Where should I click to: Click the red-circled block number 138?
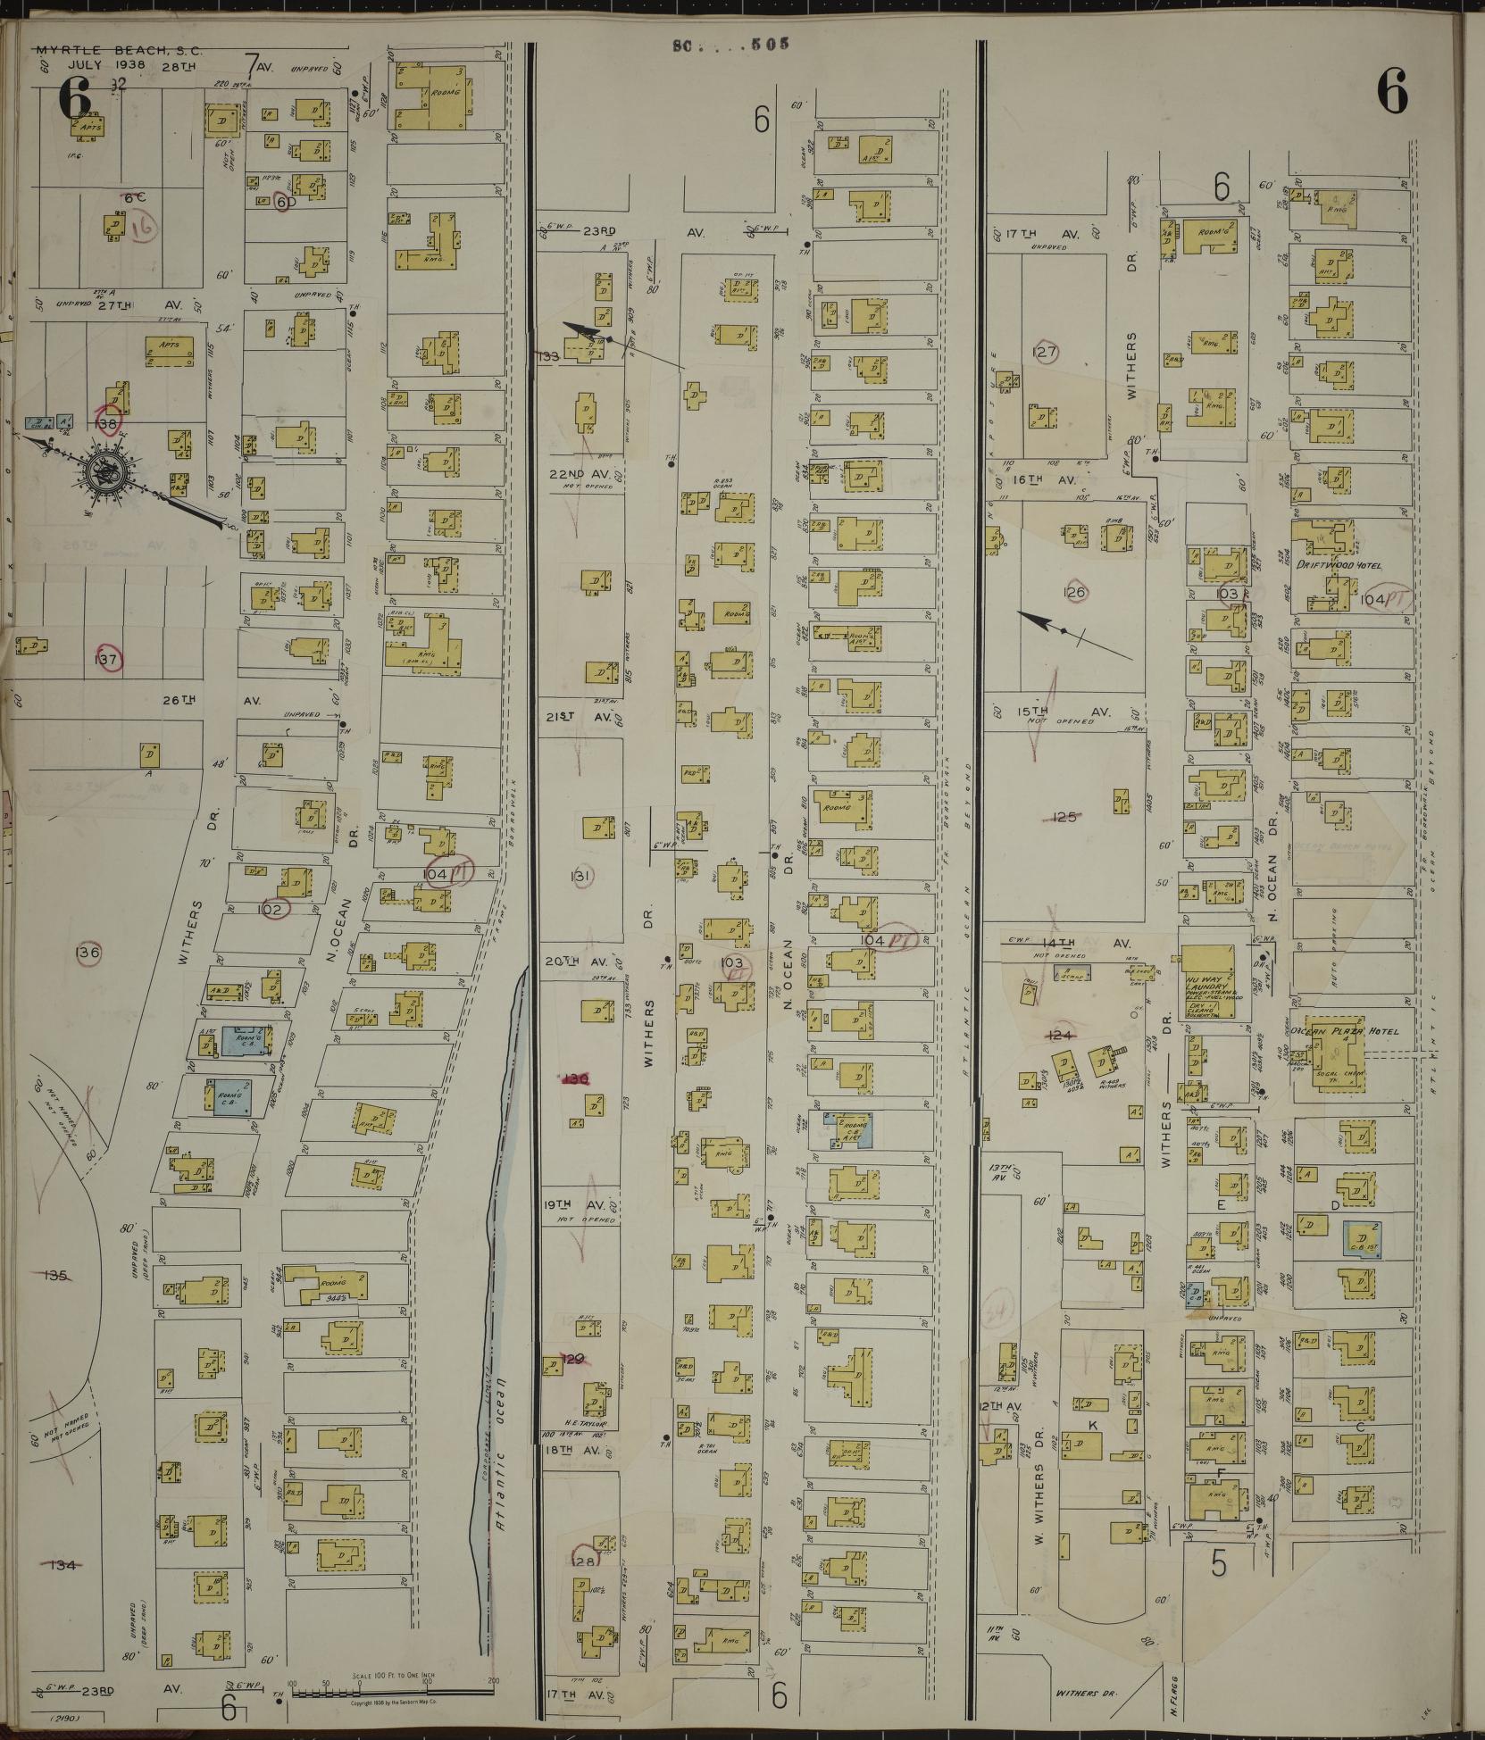point(108,423)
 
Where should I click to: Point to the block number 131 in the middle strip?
point(581,877)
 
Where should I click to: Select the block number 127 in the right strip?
point(1044,352)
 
